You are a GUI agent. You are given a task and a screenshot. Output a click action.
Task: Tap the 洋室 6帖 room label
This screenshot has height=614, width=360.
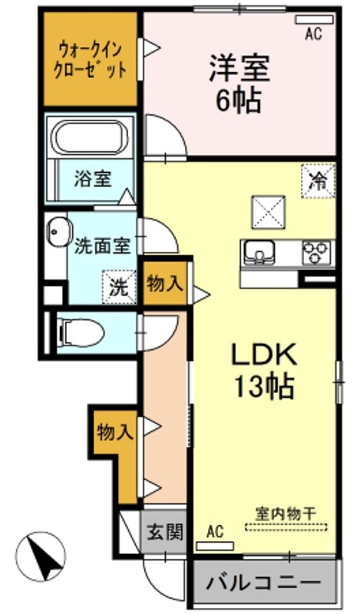[239, 84]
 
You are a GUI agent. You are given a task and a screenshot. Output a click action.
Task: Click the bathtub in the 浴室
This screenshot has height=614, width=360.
[91, 137]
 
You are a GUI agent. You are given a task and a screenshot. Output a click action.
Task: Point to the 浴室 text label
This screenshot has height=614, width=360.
[93, 179]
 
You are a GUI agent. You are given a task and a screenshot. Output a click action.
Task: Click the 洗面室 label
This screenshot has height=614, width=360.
[102, 246]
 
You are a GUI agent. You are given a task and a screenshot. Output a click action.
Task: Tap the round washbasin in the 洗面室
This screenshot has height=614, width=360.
[59, 231]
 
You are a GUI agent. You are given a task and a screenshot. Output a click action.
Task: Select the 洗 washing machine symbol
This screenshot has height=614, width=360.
[119, 287]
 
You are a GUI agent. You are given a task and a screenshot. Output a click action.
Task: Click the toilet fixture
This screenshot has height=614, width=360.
[80, 333]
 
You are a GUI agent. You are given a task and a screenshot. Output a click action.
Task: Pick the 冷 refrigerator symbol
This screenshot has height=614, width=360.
[318, 181]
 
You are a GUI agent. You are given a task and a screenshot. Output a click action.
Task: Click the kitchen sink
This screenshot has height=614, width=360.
[259, 253]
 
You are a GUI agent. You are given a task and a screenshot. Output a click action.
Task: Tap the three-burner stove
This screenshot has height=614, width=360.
[316, 253]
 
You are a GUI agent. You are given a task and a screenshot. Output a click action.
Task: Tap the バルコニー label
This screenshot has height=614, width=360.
[263, 584]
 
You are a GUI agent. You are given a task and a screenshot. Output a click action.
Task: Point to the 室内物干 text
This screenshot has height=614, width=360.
[286, 513]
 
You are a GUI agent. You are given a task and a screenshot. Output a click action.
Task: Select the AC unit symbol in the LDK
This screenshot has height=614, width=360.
[215, 546]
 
